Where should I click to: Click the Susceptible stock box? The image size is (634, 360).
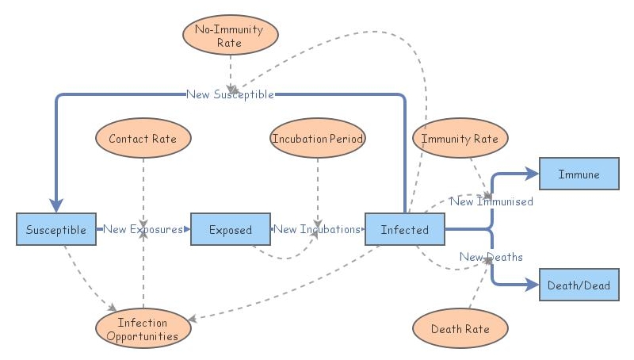(x=55, y=229)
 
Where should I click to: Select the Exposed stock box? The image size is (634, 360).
(x=230, y=229)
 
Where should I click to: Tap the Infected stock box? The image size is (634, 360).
(x=404, y=229)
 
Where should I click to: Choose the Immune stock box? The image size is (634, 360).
(x=579, y=174)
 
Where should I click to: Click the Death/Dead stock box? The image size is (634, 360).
(x=579, y=285)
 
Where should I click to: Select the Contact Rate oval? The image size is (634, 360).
(x=143, y=138)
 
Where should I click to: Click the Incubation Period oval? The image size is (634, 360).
(x=317, y=138)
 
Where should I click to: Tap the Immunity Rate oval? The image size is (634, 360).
(x=460, y=138)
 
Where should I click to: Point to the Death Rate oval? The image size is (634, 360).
(x=460, y=328)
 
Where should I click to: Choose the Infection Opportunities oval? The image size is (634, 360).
(x=143, y=328)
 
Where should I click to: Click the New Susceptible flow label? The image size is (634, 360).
(x=230, y=94)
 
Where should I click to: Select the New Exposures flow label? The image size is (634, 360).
(x=143, y=229)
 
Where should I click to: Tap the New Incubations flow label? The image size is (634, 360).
(x=317, y=229)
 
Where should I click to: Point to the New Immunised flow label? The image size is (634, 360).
(x=491, y=201)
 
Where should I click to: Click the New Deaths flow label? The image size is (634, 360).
(x=491, y=257)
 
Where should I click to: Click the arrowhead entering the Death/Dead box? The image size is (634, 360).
(x=533, y=285)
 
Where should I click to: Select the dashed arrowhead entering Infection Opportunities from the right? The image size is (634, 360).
(x=194, y=319)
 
